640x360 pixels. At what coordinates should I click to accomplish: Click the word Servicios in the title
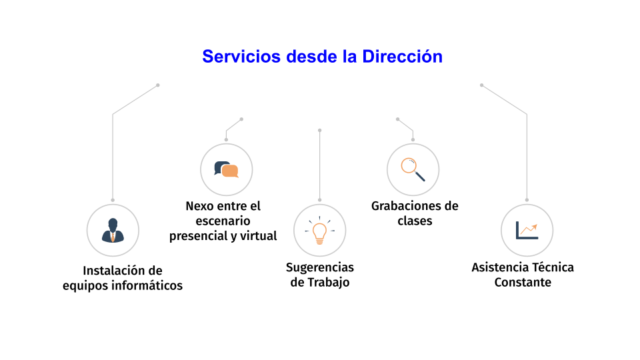[x=241, y=56]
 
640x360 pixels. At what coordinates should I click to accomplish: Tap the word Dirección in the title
[x=402, y=56]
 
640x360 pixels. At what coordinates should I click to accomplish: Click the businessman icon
[x=113, y=230]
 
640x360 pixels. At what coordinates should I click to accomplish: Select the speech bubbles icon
[x=226, y=169]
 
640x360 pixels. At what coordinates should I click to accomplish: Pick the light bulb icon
[x=319, y=231]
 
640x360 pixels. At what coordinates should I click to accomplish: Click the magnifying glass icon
[x=413, y=169]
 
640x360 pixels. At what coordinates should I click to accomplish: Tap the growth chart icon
[x=527, y=231]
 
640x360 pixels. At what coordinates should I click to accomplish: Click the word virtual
[x=259, y=236]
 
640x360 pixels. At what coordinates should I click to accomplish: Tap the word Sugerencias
[x=320, y=268]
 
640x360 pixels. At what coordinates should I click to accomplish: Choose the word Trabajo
[x=328, y=283]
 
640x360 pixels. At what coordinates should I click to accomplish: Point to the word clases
[x=415, y=221]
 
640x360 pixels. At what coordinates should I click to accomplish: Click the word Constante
[x=523, y=283]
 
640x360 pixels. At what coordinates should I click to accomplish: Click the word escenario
[x=223, y=221]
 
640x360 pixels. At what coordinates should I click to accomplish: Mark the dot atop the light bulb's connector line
[x=319, y=131]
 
